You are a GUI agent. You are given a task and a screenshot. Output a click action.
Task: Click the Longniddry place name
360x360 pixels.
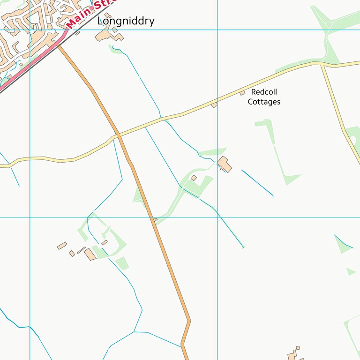coord(126,21)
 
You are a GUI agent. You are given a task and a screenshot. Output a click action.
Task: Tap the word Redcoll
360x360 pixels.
coord(264,92)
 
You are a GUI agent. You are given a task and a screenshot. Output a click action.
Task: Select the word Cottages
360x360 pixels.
coord(264,102)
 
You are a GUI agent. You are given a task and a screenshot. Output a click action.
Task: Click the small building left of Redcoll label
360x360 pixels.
coord(242,93)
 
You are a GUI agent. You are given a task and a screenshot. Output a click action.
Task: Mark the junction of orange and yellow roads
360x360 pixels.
coord(118,135)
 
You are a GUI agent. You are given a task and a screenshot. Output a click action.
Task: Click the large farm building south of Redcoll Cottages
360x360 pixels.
coord(225,164)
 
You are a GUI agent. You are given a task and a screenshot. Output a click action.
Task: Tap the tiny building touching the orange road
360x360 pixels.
coord(155,219)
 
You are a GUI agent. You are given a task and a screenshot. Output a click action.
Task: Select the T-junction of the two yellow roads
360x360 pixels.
coord(322,64)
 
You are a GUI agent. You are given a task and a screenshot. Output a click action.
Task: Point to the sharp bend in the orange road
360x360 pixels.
coord(189,321)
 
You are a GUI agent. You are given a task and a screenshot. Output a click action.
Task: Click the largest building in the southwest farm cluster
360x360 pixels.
coord(90,254)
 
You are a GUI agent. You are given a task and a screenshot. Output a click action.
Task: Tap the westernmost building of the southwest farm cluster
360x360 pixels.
coord(62,246)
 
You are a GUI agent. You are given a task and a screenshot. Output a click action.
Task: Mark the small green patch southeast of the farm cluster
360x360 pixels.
coord(122,263)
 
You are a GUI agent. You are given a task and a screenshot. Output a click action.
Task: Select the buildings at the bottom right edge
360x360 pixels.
coord(294,354)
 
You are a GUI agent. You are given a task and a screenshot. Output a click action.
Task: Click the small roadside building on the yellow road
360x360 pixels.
coord(214,105)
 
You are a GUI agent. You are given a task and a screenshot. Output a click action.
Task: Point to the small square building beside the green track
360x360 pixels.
coord(194,178)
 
